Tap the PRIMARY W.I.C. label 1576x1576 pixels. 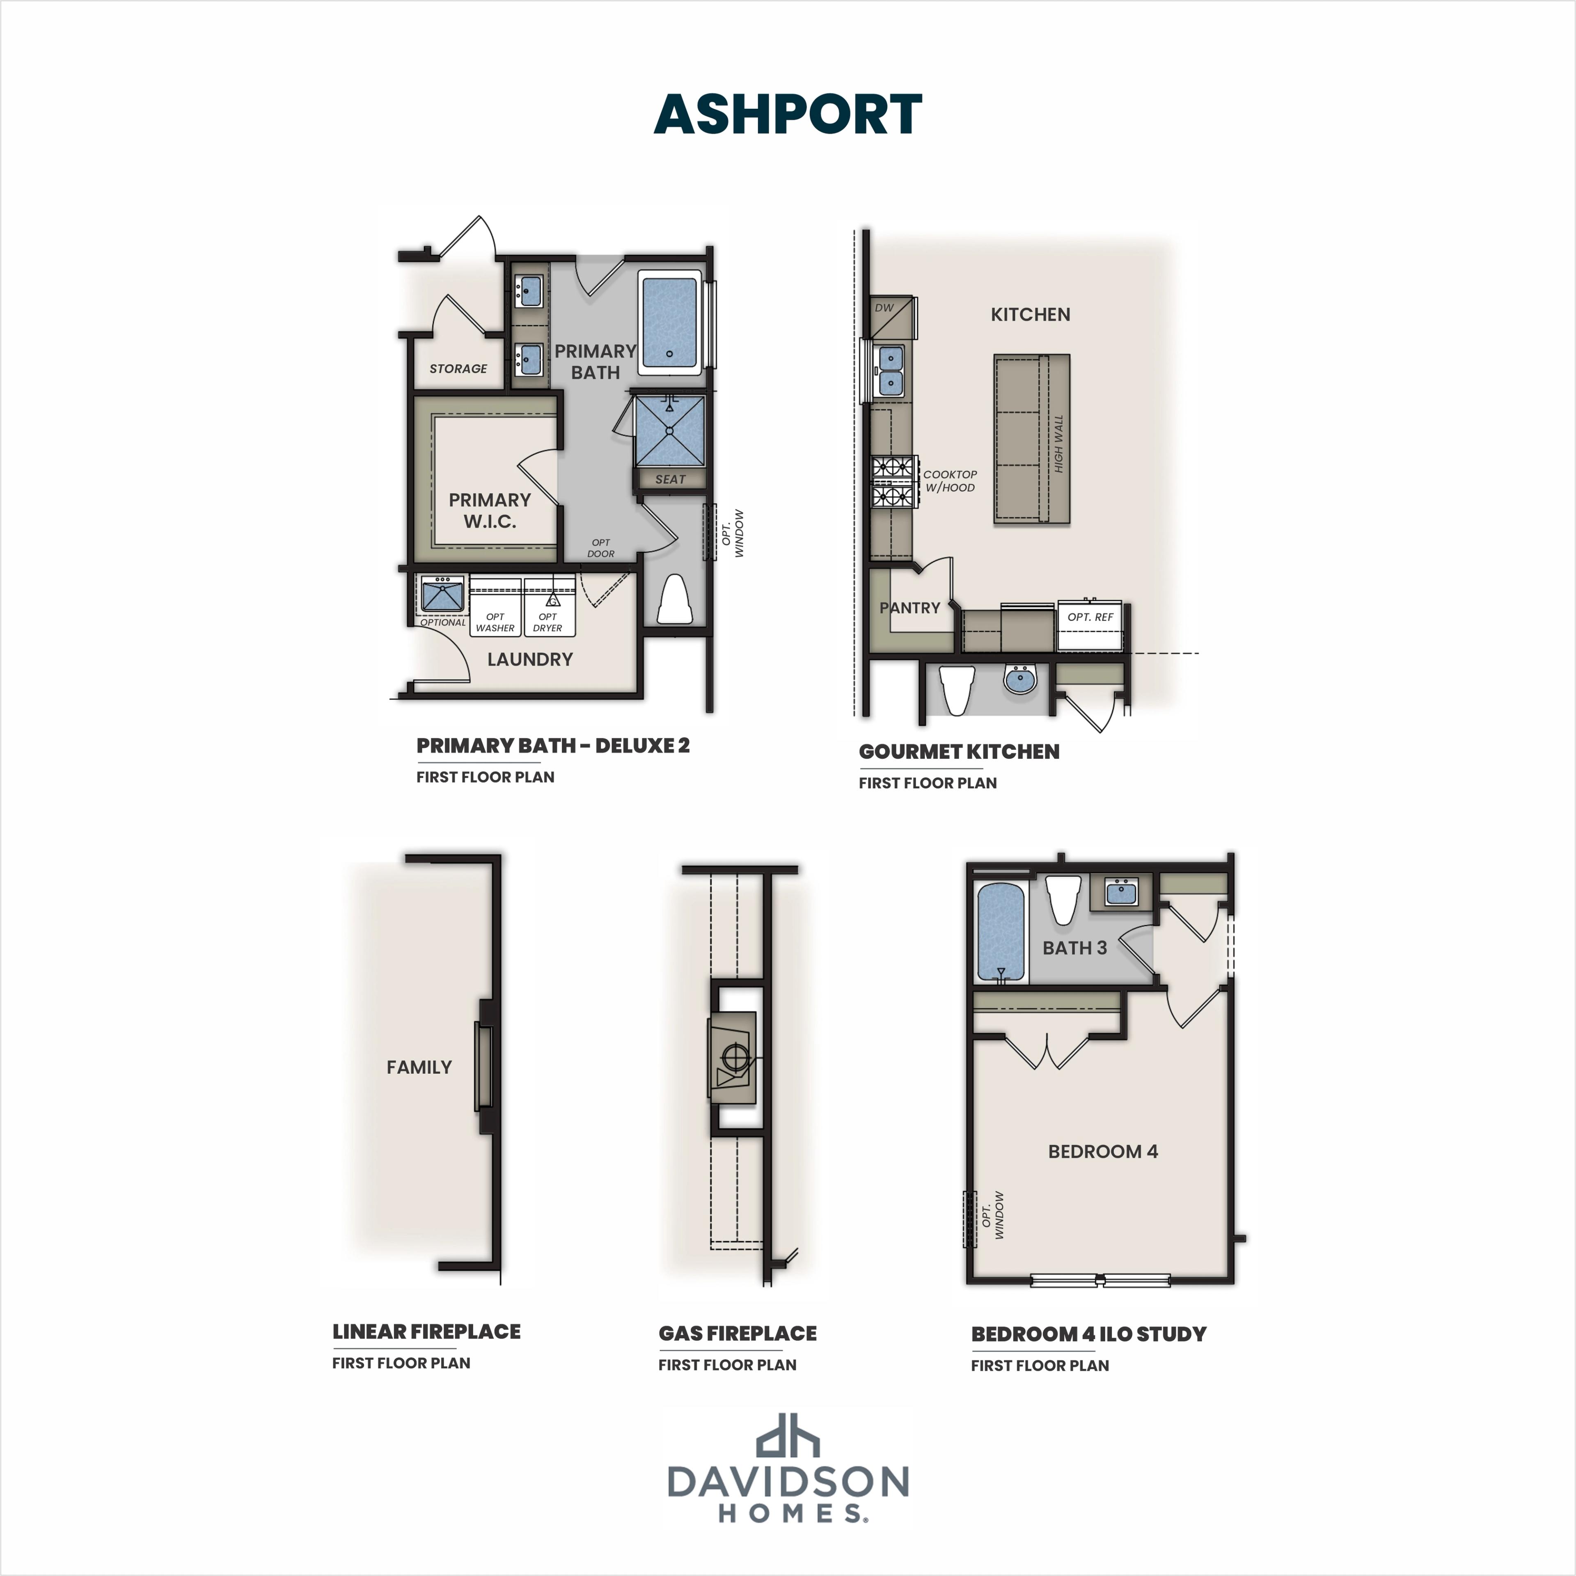click(x=490, y=511)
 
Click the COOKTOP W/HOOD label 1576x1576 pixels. click(x=950, y=481)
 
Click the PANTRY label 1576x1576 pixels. click(x=909, y=608)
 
